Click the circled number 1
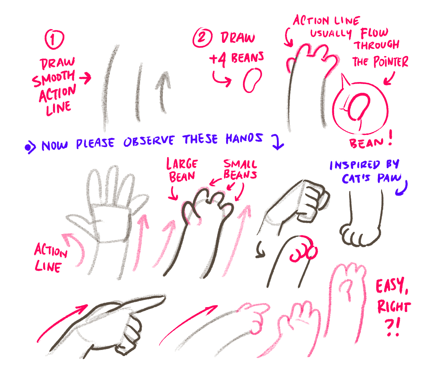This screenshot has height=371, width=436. pyautogui.click(x=54, y=39)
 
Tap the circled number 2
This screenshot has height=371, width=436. pyautogui.click(x=202, y=37)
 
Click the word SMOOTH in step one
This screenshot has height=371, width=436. pyautogui.click(x=53, y=78)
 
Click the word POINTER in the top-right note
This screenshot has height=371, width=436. pyautogui.click(x=391, y=61)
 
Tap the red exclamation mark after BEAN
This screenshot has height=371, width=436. pyautogui.click(x=390, y=137)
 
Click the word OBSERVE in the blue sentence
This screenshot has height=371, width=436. pyautogui.click(x=149, y=141)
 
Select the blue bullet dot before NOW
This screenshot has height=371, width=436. pyautogui.click(x=28, y=148)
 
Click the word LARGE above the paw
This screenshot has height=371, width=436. pyautogui.click(x=182, y=164)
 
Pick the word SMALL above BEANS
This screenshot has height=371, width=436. pyautogui.click(x=240, y=164)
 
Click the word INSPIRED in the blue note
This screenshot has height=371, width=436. pyautogui.click(x=354, y=165)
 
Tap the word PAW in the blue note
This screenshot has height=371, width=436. pyautogui.click(x=389, y=178)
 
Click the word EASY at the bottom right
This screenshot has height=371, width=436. pyautogui.click(x=392, y=286)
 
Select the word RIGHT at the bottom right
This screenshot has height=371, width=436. pyautogui.click(x=394, y=307)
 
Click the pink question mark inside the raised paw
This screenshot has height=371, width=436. pyautogui.click(x=346, y=289)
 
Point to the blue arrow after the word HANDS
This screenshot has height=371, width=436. pyautogui.click(x=277, y=142)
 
